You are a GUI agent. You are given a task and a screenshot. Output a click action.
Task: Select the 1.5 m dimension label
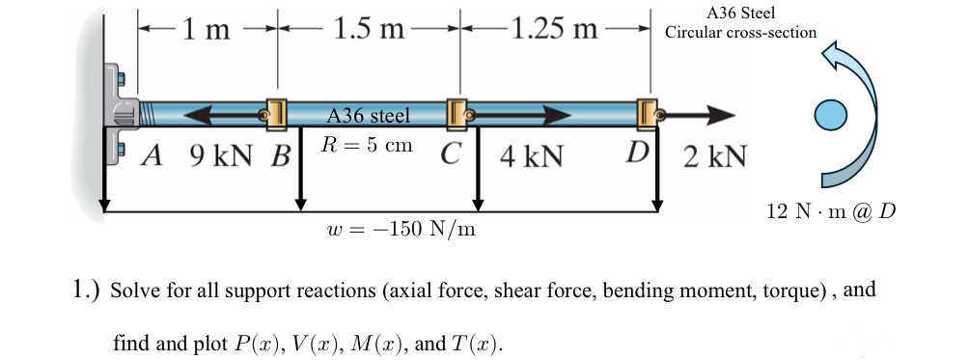point(368,28)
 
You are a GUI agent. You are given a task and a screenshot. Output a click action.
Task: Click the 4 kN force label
point(531,156)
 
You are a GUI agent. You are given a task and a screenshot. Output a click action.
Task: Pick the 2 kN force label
point(714,156)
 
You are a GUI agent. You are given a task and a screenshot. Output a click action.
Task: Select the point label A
point(151,155)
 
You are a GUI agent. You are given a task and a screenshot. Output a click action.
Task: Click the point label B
point(281,156)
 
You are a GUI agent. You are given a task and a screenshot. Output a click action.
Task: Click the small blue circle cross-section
point(828,115)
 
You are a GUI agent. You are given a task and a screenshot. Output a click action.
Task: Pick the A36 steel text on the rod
point(369,116)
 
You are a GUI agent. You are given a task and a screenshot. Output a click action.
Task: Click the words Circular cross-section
point(740,32)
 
